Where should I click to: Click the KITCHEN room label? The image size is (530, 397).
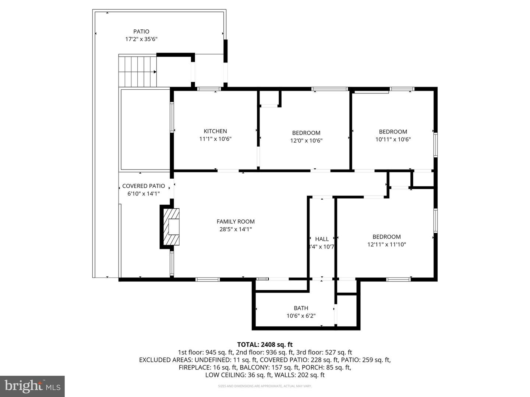[x=215, y=131]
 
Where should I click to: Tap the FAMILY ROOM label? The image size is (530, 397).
[x=236, y=221]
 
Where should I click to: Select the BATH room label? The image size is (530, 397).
[x=301, y=308]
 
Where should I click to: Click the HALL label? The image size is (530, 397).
[x=322, y=239]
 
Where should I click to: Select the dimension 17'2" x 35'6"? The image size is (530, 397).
[x=141, y=39]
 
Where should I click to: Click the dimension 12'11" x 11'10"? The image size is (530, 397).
[x=386, y=244]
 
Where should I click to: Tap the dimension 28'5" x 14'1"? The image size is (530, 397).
[x=236, y=229]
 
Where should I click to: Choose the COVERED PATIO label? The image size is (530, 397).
[x=144, y=186]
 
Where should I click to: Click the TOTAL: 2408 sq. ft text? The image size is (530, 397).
[x=265, y=344]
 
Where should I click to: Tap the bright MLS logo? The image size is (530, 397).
[x=32, y=386]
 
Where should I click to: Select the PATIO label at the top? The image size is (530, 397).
[x=141, y=32]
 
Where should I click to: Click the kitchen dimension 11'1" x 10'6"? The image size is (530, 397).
[x=215, y=139]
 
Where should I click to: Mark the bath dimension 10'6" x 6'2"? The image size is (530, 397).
[x=301, y=316]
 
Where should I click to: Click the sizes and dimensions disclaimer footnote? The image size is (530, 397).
[x=265, y=386]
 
